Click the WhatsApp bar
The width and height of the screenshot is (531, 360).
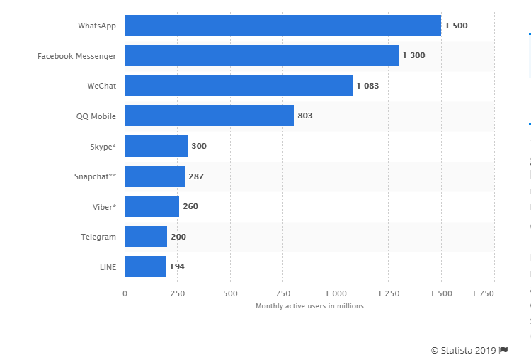click(x=282, y=26)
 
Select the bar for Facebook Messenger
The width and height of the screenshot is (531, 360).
click(x=261, y=55)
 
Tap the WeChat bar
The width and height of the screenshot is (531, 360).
click(x=239, y=86)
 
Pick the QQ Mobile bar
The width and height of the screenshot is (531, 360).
click(x=209, y=116)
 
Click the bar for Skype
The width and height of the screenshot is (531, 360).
click(x=156, y=146)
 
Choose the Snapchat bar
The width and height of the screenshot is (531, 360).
click(x=154, y=176)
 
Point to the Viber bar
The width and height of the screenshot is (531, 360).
click(x=152, y=206)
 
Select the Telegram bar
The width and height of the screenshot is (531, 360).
click(x=146, y=237)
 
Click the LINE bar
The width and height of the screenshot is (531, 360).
click(x=145, y=266)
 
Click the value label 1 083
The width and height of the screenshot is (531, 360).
click(x=368, y=86)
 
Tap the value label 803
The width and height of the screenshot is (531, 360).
click(x=305, y=116)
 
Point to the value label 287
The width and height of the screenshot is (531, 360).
click(x=196, y=176)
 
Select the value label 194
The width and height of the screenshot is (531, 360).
click(x=177, y=266)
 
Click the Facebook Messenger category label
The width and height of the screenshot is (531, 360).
click(x=76, y=55)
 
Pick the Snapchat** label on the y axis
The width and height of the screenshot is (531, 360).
click(x=95, y=176)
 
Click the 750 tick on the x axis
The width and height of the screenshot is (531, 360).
click(x=282, y=292)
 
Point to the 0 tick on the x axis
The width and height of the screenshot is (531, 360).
click(x=125, y=292)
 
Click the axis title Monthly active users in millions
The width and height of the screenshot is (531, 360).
click(x=309, y=305)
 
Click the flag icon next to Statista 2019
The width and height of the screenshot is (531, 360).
click(x=503, y=349)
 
